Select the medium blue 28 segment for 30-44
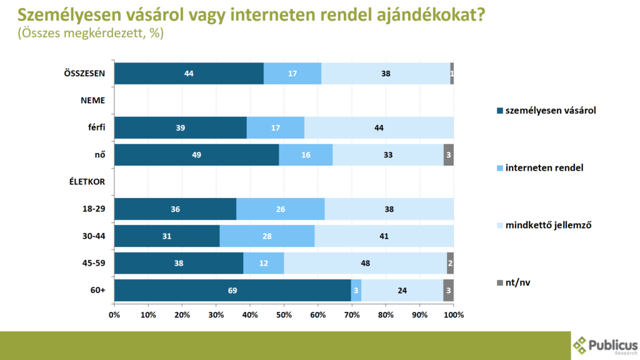(267, 236)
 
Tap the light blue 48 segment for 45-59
(365, 263)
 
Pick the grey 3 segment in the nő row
(449, 155)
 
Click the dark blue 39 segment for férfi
(181, 127)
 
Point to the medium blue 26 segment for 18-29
(281, 209)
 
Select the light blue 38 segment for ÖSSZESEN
(386, 74)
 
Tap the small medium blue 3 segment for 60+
(356, 291)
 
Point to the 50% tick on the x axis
(284, 315)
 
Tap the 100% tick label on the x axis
(454, 315)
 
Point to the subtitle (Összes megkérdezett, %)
(91, 33)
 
